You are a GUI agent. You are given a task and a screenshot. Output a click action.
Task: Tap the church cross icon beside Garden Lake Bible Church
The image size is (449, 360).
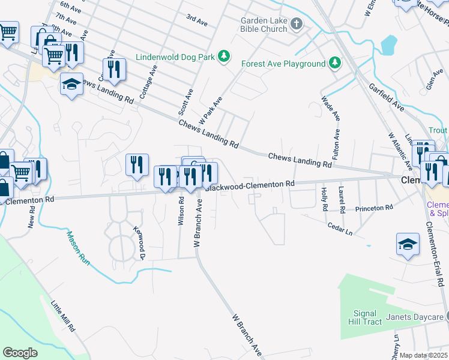[x=296, y=24]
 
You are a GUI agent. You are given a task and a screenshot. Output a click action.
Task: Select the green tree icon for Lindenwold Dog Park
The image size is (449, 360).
[x=224, y=56]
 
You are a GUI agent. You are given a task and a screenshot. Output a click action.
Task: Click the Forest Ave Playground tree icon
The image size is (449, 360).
[x=334, y=64]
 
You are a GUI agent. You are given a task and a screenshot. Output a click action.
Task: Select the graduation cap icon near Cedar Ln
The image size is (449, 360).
[x=408, y=244]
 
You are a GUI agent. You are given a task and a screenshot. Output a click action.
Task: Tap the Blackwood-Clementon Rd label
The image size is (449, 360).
[x=250, y=185]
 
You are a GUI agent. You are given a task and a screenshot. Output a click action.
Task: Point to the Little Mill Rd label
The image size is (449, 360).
[x=62, y=316]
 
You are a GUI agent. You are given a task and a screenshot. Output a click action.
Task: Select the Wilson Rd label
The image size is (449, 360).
[x=181, y=209]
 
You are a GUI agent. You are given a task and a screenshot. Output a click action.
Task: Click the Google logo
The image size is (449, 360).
[x=20, y=352]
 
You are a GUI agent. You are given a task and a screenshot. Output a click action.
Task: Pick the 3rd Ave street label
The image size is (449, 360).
[x=196, y=20]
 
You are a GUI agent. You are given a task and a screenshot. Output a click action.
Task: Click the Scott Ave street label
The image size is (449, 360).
[x=184, y=102]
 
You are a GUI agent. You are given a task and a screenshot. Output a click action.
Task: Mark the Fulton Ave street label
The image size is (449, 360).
[x=337, y=144]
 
